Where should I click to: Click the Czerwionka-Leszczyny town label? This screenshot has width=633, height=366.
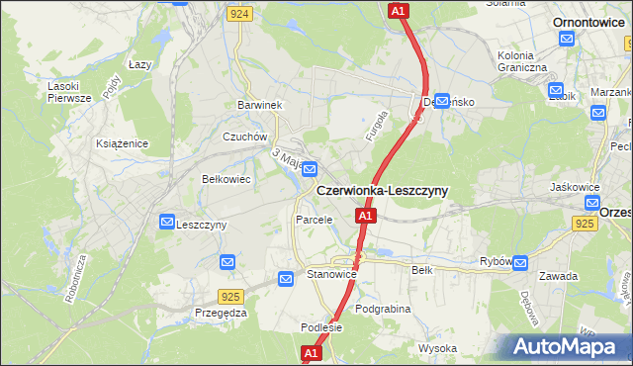point(382,190)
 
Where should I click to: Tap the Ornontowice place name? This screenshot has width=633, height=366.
point(593,21)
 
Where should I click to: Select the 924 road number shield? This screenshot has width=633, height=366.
point(238,14)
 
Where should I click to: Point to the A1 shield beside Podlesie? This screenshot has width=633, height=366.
point(311,352)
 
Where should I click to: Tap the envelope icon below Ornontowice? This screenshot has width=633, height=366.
point(567,39)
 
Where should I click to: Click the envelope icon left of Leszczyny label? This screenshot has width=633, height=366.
point(166,224)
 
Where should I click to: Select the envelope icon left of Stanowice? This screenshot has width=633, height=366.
point(286,279)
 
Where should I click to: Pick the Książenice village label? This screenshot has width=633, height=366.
point(122,143)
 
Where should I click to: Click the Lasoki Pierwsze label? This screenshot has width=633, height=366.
point(69,91)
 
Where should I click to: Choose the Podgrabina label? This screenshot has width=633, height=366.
point(382,309)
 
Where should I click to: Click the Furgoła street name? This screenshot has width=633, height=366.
point(376,131)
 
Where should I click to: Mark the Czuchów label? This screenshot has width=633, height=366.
point(245,137)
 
